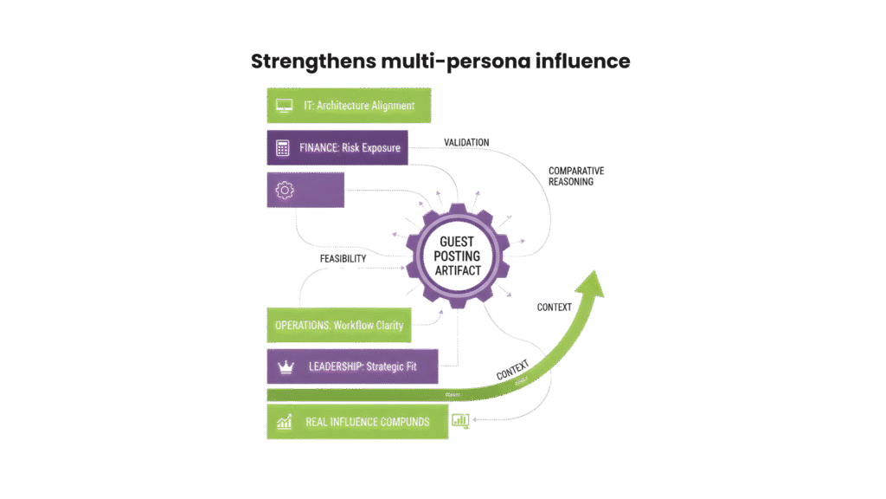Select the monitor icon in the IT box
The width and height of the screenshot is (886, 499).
coord(284,106)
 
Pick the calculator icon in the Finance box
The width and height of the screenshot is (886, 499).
coord(282,147)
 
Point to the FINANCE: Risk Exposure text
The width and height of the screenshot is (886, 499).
coord(350,147)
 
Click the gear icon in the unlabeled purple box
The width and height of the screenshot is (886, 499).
coord(283,191)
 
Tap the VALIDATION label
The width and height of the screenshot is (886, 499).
coord(466,142)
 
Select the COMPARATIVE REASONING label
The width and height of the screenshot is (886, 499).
coord(575,176)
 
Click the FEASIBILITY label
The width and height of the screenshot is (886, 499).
coord(343,258)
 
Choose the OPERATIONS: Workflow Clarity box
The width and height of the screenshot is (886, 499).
coord(338,326)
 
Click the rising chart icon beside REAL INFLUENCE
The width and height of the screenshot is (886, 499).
coord(283,422)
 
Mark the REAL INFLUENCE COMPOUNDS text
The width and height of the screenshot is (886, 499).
coord(367,422)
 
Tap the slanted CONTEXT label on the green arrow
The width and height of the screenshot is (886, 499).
coord(512,367)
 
